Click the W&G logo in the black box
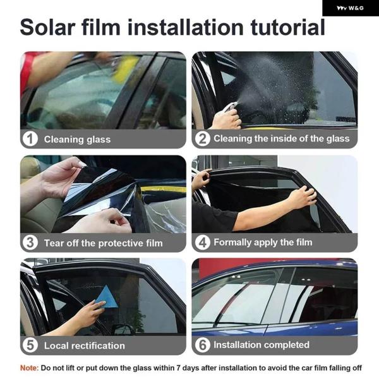pyautogui.click(x=350, y=8)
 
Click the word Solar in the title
pyautogui.click(x=47, y=27)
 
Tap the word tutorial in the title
pyautogui.click(x=288, y=27)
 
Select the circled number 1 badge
pyautogui.click(x=30, y=139)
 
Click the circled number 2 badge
pyautogui.click(x=202, y=139)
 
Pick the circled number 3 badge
pyautogui.click(x=30, y=243)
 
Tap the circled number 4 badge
pyautogui.click(x=202, y=243)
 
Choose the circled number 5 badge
pyautogui.click(x=30, y=345)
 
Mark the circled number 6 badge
pyautogui.click(x=202, y=345)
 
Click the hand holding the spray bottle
pyautogui.click(x=226, y=118)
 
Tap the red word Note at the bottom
pyautogui.click(x=29, y=368)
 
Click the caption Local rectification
pyautogui.click(x=85, y=346)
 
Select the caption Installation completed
pyautogui.click(x=262, y=345)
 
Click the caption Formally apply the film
pyautogui.click(x=263, y=242)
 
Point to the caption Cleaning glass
pyautogui.click(x=77, y=140)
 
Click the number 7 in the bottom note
pyautogui.click(x=178, y=368)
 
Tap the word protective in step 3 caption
pyautogui.click(x=121, y=243)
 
